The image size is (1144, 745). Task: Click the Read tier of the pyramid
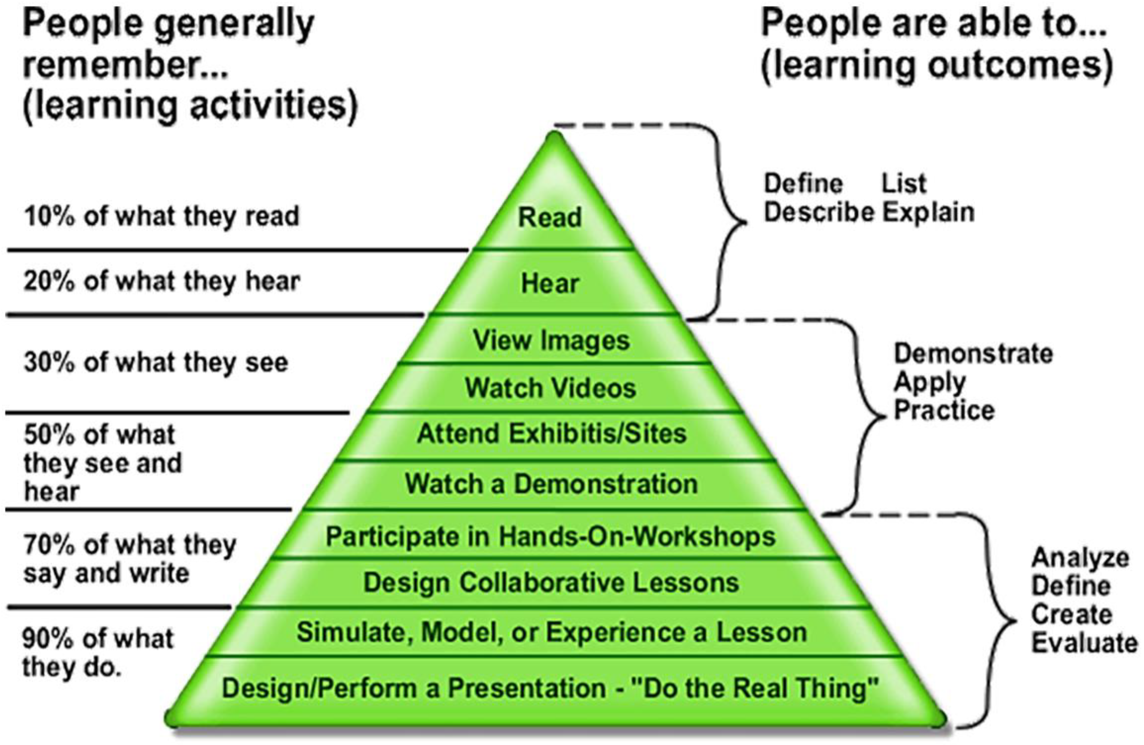550,217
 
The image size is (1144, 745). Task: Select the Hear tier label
550,283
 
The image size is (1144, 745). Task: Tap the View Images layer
551,341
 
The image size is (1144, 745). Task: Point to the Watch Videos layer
551,388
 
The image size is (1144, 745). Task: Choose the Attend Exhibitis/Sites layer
551,434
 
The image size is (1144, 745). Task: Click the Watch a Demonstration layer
551,483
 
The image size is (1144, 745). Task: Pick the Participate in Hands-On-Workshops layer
551,536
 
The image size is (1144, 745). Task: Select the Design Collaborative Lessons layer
551,583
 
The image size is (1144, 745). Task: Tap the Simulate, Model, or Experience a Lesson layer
551,632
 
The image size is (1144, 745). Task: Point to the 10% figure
49,216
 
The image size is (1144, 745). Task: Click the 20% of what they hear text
162,282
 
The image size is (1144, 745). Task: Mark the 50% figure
49,435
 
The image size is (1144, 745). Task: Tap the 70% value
49,545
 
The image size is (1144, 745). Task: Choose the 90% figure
49,639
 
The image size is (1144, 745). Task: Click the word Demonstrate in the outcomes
973,354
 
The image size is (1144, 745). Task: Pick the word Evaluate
1084,644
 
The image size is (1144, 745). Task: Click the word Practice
944,411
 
